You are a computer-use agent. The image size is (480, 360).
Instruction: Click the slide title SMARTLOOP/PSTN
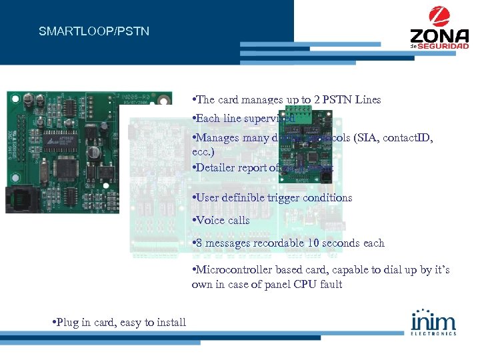(x=94, y=31)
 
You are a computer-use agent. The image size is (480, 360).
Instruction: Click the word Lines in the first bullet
(x=368, y=99)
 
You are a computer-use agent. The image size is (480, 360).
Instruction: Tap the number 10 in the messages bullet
(x=313, y=243)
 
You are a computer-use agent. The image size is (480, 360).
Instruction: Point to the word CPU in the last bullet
(x=289, y=284)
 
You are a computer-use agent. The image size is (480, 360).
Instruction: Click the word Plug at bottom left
(x=68, y=323)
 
